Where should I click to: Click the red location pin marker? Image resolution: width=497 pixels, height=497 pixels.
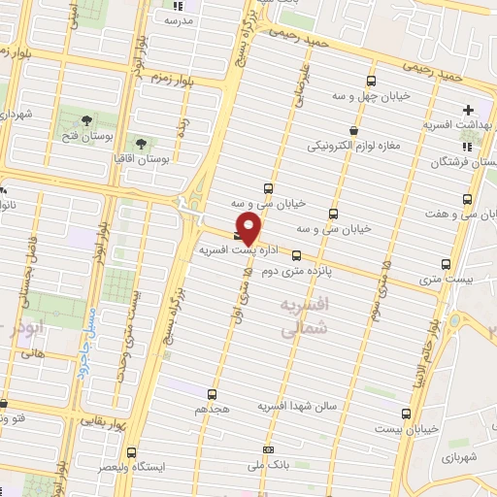click(248, 229)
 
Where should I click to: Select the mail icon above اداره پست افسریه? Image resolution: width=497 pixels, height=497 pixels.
click(239, 234)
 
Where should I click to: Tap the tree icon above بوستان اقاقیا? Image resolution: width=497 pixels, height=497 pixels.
click(142, 143)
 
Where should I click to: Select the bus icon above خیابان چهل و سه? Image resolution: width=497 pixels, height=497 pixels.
click(370, 81)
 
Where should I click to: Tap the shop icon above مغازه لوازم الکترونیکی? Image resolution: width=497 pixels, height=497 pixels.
click(353, 130)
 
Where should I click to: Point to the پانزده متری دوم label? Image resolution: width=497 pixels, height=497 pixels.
click(315, 262)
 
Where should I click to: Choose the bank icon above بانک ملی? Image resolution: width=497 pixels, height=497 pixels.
click(269, 449)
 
